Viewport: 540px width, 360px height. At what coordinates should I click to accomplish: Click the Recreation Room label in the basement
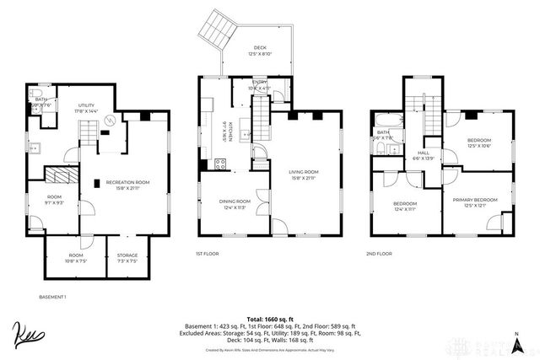(127, 185)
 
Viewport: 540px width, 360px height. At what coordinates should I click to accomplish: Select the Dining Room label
(235, 204)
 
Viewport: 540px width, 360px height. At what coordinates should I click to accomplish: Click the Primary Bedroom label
(475, 201)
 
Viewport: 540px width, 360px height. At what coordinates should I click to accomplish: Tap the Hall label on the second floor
(422, 155)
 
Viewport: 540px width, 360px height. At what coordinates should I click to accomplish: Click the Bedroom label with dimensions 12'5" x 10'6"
(478, 142)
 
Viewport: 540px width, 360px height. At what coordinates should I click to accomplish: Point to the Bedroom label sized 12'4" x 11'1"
(404, 207)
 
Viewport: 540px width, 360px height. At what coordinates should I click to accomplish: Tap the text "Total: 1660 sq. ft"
(270, 318)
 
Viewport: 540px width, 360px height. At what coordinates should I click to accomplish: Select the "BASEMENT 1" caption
(52, 298)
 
